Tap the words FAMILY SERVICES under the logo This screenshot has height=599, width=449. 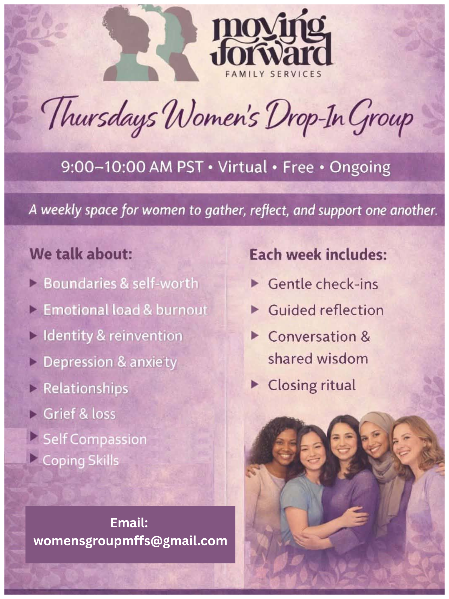[273, 74]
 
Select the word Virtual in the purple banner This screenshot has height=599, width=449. [242, 167]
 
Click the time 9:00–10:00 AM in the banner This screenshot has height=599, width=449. [116, 167]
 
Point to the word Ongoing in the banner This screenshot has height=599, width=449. [360, 168]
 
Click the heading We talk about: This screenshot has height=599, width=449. [81, 254]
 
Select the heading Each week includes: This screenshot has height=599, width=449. [318, 255]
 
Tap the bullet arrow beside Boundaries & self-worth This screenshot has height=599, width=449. [33, 283]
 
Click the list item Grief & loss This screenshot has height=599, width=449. [80, 414]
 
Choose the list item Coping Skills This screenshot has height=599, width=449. [81, 461]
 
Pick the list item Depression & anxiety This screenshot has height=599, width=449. [110, 362]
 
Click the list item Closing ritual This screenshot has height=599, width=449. [312, 385]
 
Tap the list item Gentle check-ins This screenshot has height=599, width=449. [323, 284]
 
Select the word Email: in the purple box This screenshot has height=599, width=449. [129, 522]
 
